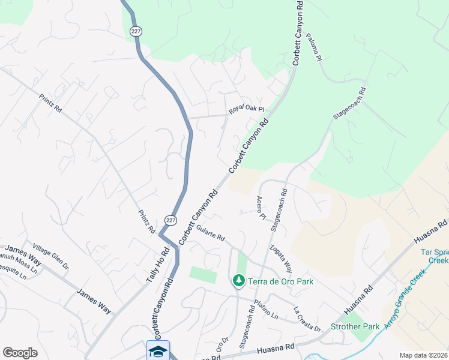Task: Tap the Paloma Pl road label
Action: point(315,47)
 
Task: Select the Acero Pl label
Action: point(261,207)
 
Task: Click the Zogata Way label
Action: point(281,258)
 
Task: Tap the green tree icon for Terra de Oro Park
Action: point(239,281)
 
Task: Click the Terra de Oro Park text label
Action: point(281,281)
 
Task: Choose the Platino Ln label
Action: point(266,308)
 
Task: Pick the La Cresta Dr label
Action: point(307,319)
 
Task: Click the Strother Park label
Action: point(355,326)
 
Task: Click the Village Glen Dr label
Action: point(52,255)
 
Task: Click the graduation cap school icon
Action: point(158,350)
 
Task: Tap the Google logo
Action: point(20,353)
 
